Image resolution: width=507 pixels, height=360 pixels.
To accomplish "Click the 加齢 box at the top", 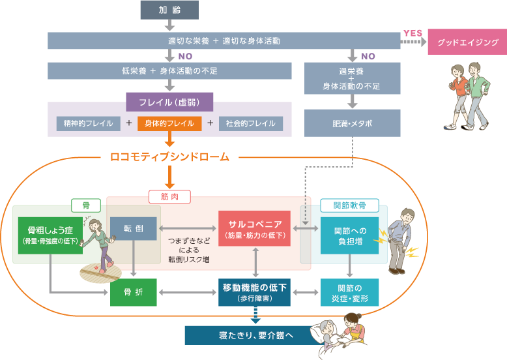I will pyautogui.click(x=169, y=10).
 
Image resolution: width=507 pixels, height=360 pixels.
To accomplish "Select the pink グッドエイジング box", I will pyautogui.click(x=467, y=42).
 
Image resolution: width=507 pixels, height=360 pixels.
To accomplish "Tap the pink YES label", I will pyautogui.click(x=413, y=33).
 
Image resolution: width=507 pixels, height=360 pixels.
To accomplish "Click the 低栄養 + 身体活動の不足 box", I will pyautogui.click(x=169, y=70).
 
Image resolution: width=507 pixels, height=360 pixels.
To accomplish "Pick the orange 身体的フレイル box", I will pyautogui.click(x=169, y=123).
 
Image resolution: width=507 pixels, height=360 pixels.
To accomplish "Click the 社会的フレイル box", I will pyautogui.click(x=250, y=123).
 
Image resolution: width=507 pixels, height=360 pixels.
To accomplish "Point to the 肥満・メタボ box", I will pyautogui.click(x=353, y=123).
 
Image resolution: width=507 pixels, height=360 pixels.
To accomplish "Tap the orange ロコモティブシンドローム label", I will pyautogui.click(x=169, y=157).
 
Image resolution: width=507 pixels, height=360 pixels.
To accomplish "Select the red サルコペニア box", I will pyautogui.click(x=255, y=228).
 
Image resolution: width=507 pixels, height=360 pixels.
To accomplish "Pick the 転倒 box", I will pyautogui.click(x=133, y=229).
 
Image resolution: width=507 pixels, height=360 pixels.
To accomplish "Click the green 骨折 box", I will pyautogui.click(x=133, y=292).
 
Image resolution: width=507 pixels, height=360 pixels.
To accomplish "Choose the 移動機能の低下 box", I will pyautogui.click(x=255, y=292).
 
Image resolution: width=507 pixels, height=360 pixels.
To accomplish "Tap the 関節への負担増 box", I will pyautogui.click(x=350, y=235).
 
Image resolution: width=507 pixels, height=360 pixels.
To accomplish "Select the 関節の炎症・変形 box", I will pyautogui.click(x=350, y=292).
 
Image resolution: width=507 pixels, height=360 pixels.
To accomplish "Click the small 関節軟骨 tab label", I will pyautogui.click(x=350, y=205).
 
